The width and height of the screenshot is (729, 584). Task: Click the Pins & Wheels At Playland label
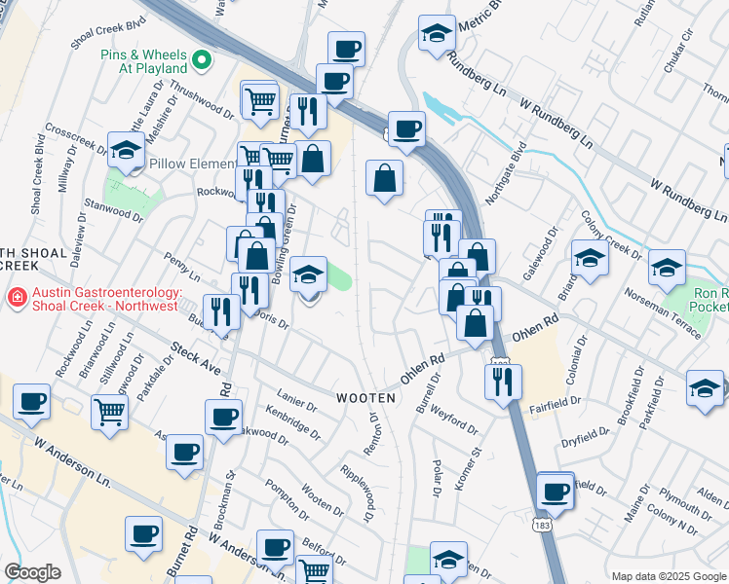click(x=143, y=61)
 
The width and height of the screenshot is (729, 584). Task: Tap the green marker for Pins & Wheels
click(x=202, y=61)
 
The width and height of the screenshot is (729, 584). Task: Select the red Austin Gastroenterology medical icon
click(x=15, y=297)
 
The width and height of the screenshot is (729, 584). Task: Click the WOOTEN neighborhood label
click(x=366, y=398)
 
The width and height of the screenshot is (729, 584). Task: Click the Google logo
click(x=32, y=572)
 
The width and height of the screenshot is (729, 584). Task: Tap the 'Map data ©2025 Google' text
click(x=669, y=576)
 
